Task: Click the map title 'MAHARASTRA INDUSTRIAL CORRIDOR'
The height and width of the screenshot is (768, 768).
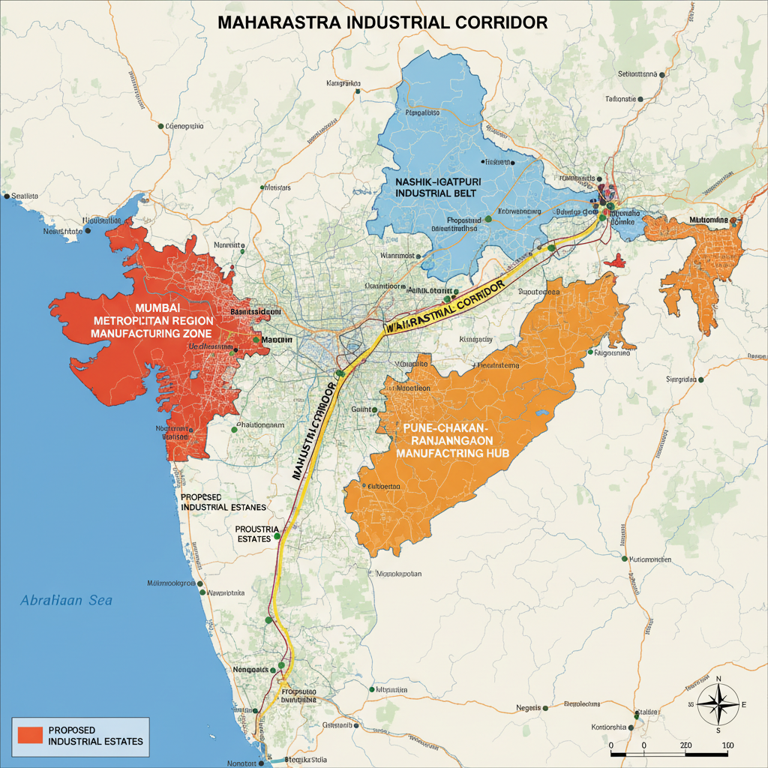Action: pos(382,22)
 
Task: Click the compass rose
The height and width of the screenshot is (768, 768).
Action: pos(718,704)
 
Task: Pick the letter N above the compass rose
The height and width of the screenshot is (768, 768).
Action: pos(718,679)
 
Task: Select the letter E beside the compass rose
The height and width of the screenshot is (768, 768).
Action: pos(744,705)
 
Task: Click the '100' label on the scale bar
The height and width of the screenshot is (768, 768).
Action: pos(727,745)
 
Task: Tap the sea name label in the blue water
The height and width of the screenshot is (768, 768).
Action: pos(66,601)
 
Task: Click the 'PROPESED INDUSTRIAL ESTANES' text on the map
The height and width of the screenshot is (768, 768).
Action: pos(223,502)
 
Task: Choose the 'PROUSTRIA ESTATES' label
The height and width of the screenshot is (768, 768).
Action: pos(257,533)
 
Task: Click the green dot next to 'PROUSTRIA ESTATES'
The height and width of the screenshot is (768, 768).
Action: pos(278,537)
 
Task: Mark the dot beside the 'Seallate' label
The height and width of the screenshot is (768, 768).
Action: pos(7,196)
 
